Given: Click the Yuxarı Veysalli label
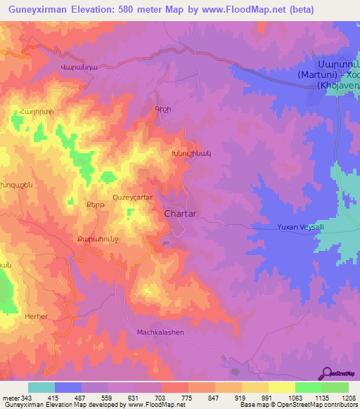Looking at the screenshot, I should [296, 227].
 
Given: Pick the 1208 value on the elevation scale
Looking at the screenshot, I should [340, 397].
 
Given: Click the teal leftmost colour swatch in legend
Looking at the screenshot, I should [41, 387].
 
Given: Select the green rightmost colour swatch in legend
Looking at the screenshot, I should [335, 387].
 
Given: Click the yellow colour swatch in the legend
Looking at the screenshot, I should [282, 387].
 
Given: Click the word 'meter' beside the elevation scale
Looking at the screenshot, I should [10, 397].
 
